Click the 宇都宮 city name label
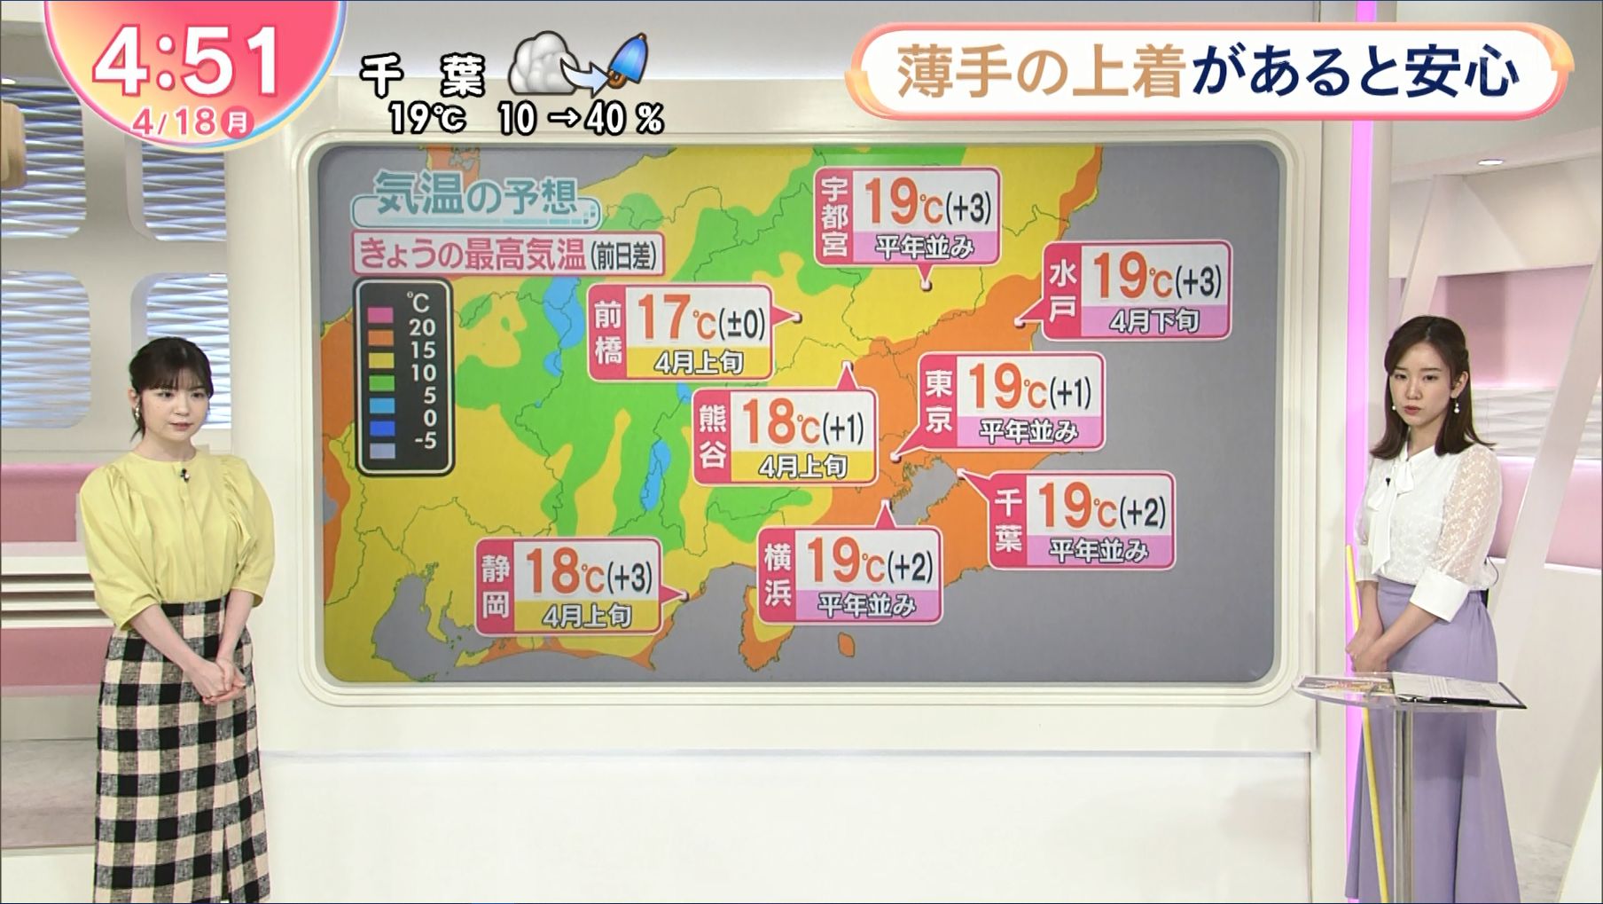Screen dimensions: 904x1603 (x=834, y=216)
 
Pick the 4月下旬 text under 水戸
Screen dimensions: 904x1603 (x=1153, y=321)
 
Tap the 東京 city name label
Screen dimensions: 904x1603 (x=938, y=401)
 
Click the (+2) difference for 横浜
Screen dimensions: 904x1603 (x=910, y=566)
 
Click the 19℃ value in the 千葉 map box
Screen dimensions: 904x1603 (x=1075, y=507)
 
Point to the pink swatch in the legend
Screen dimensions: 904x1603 (x=381, y=314)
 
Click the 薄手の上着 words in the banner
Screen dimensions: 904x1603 (x=1041, y=72)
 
